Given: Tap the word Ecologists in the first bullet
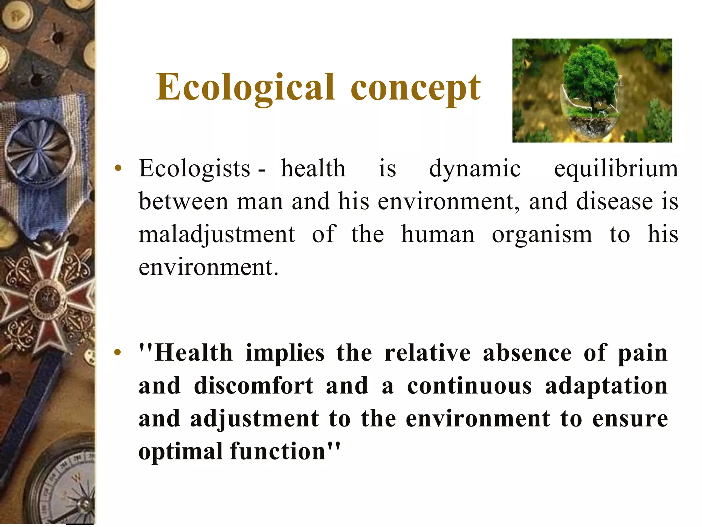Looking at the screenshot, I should pos(194,169).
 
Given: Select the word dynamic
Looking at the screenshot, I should pos(475,169).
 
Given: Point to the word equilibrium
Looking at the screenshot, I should pos(616,169).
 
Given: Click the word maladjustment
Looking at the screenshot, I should pos(217,235).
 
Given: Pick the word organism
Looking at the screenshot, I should pos(542,235).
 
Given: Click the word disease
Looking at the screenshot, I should pos(614,202).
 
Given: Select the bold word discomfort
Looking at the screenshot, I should pos(253,386).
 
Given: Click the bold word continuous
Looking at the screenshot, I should pos(469,386).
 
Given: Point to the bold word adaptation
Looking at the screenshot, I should pos(606,386).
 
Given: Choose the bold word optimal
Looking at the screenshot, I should pos(181,452).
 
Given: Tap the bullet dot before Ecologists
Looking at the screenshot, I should pos(118,168).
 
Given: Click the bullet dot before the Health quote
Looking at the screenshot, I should pos(118,352).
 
